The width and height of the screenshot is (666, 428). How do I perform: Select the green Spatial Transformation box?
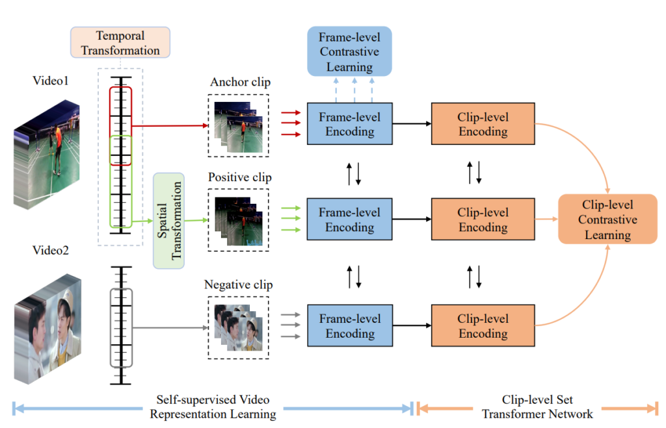168,221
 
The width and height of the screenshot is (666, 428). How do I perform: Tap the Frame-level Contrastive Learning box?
349,51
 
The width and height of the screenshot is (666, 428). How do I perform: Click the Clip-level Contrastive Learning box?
607,220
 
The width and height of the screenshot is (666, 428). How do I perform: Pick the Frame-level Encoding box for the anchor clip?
349,124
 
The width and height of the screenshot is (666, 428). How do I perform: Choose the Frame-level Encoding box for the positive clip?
349,220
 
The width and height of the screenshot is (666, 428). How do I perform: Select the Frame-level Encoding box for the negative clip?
349,326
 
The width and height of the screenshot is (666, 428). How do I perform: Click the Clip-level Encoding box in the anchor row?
482,124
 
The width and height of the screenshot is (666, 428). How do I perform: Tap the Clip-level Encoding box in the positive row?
482,220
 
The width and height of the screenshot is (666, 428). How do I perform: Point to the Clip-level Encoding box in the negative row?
482,326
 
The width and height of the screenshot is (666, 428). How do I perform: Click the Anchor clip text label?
240,82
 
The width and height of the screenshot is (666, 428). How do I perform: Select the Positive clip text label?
240,177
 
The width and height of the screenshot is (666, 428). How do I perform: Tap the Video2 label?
51,250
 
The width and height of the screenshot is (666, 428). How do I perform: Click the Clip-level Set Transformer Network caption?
537,407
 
